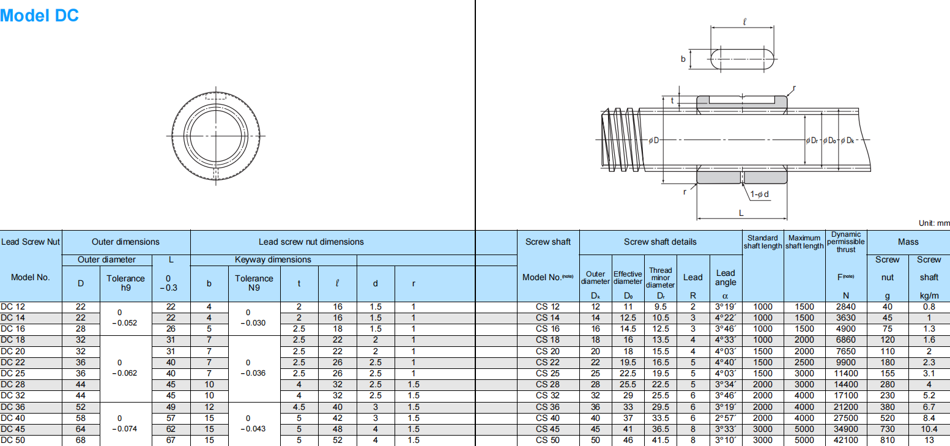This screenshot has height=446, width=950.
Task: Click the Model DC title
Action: (x=39, y=15)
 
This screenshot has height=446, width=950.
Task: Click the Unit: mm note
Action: (x=933, y=224)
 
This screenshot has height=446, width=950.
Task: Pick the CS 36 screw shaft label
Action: (x=547, y=407)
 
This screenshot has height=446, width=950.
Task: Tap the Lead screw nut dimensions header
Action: (x=311, y=242)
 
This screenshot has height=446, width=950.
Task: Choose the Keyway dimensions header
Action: (x=273, y=259)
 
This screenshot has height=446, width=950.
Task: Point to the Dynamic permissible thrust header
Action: (x=847, y=242)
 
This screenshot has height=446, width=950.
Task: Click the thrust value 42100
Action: (x=846, y=440)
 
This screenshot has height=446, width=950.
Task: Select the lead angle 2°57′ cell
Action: (x=725, y=418)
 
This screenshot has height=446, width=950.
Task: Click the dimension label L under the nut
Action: (x=741, y=213)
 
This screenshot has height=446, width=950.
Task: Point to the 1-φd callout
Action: (x=759, y=195)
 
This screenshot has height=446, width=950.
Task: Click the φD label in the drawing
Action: (x=654, y=141)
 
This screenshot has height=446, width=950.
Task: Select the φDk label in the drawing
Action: (x=847, y=141)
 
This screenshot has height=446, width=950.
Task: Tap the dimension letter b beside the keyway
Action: (x=683, y=59)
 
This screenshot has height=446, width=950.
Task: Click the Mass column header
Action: (x=908, y=242)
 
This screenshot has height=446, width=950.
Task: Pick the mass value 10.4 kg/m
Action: (x=928, y=429)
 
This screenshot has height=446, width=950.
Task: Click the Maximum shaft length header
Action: (x=804, y=242)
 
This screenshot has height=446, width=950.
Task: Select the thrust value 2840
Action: (x=846, y=307)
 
